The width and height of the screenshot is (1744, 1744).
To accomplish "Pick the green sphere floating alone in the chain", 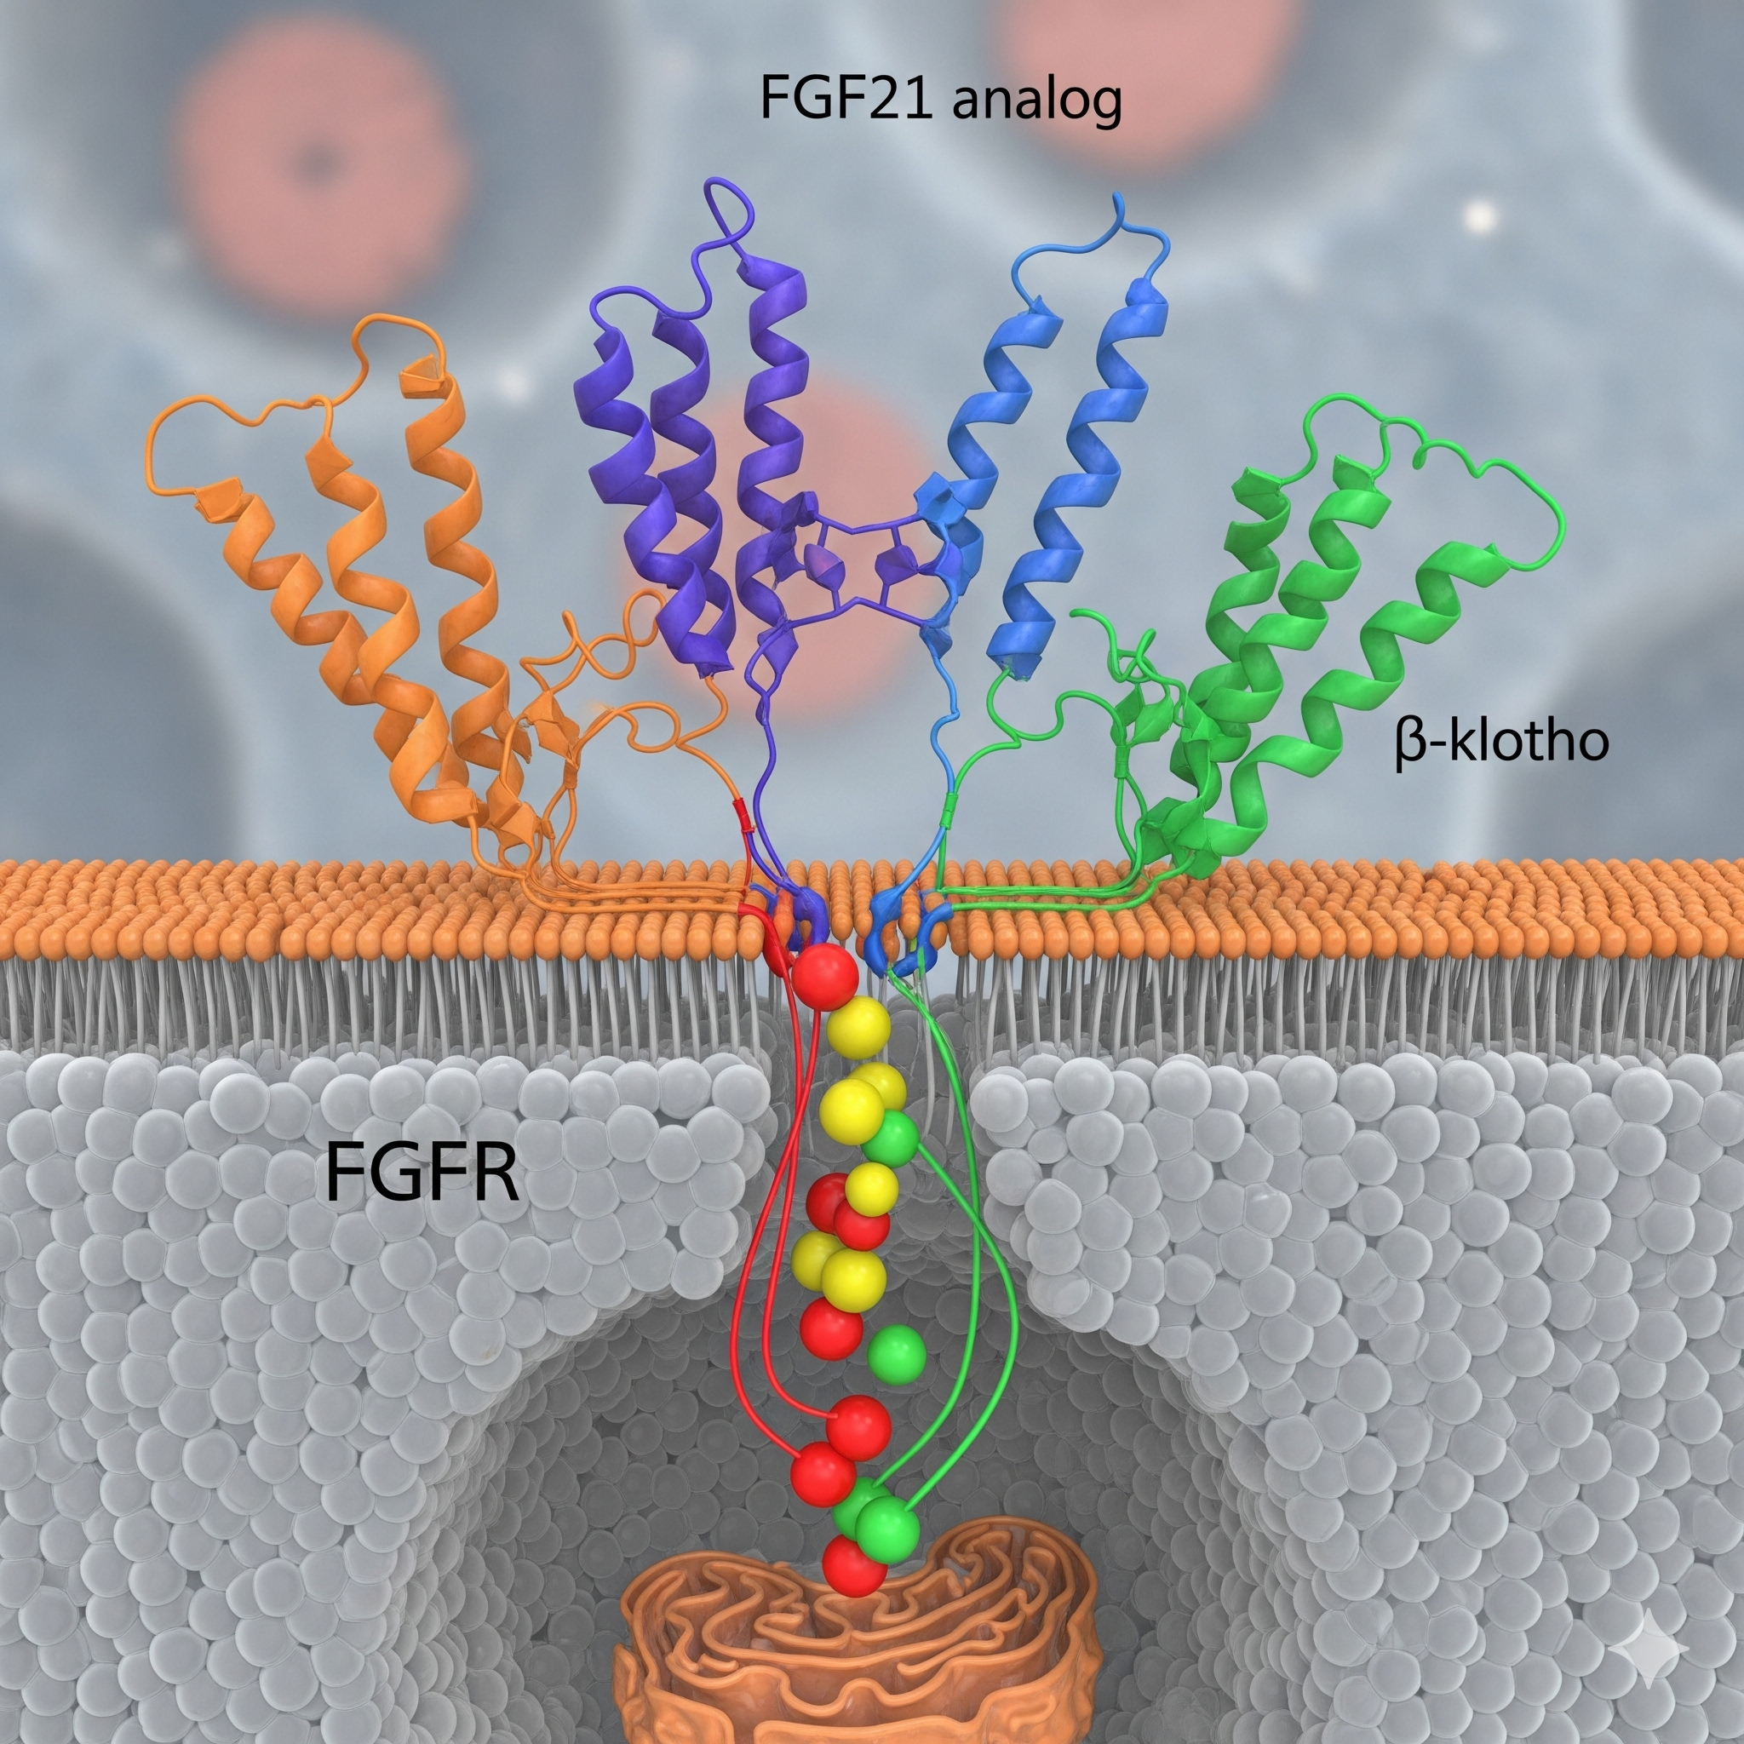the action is click(896, 1353).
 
